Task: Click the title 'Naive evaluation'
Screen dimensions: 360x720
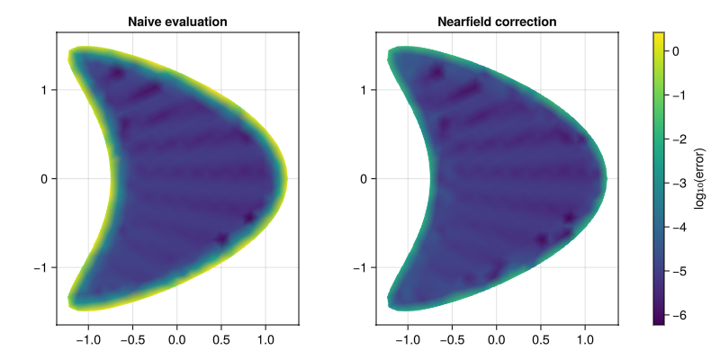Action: pyautogui.click(x=177, y=21)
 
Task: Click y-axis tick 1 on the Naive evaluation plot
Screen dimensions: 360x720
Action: pyautogui.click(x=44, y=89)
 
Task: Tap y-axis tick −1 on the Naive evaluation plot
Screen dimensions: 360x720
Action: pyautogui.click(x=40, y=267)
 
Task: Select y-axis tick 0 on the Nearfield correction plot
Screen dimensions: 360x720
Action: pyautogui.click(x=364, y=178)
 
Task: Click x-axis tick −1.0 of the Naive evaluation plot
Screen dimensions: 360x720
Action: pyautogui.click(x=88, y=340)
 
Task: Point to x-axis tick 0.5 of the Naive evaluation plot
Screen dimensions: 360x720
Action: pyautogui.click(x=221, y=340)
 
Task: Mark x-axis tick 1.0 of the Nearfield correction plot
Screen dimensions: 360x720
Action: pyautogui.click(x=585, y=340)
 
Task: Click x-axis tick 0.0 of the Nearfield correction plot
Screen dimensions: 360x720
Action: pyautogui.click(x=496, y=340)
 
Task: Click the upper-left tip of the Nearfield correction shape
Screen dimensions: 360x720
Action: pyautogui.click(x=390, y=58)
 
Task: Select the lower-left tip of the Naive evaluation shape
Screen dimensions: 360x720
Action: pyautogui.click(x=70, y=299)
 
